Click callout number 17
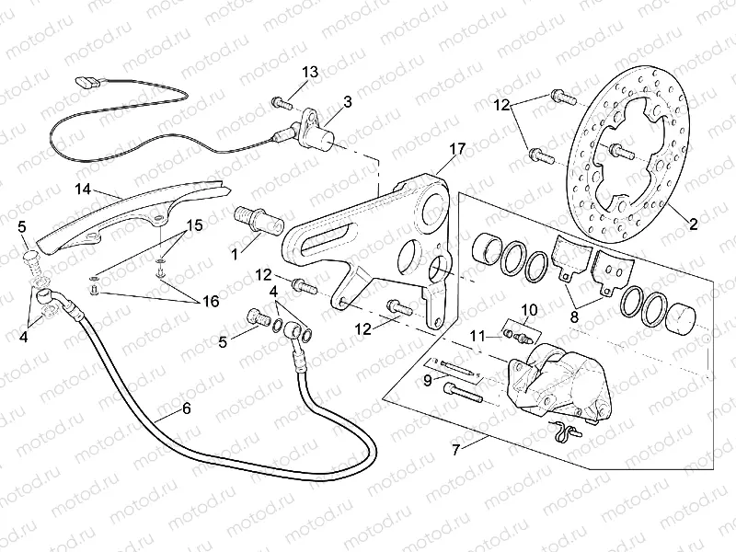pos(457,149)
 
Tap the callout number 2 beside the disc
pos(693,223)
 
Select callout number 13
pos(309,72)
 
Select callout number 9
pos(427,378)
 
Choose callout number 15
pos(195,224)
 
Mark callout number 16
pos(211,302)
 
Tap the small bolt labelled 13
pos(276,102)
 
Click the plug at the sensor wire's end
pos(87,81)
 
